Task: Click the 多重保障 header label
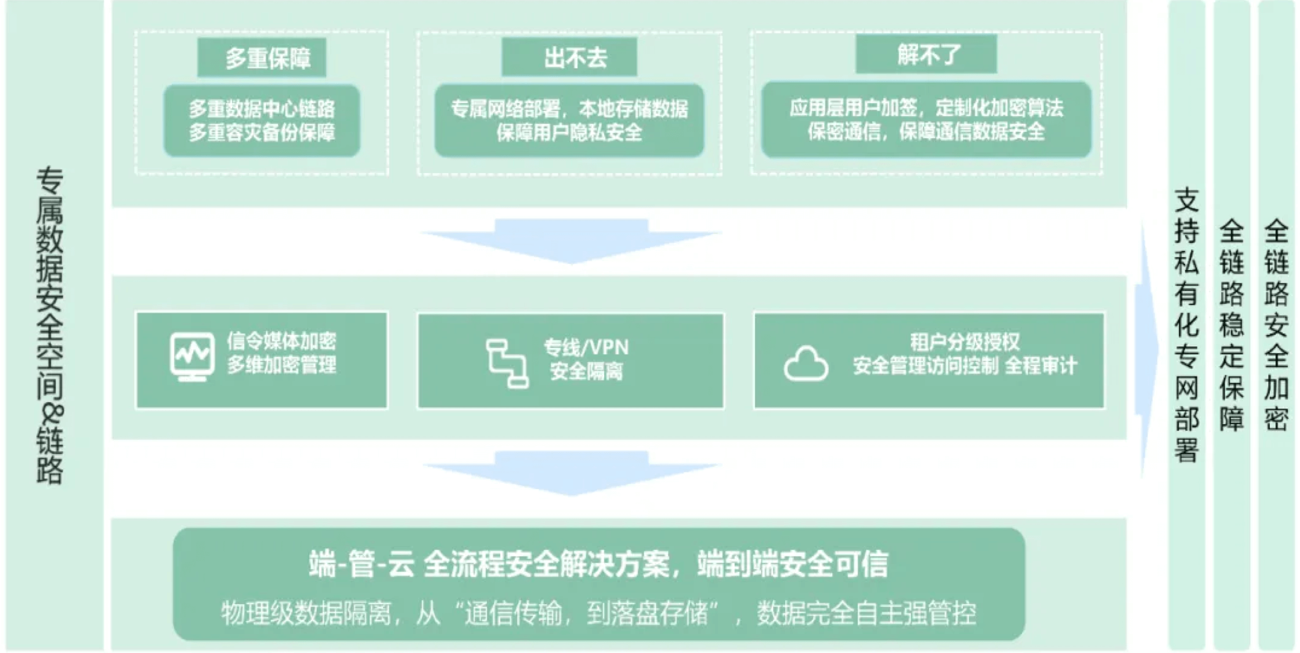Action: click(262, 58)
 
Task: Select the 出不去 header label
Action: click(569, 57)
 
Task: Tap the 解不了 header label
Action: click(926, 54)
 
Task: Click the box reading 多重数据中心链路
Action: click(262, 121)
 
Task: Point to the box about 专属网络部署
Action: click(569, 121)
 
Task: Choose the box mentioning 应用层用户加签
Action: click(926, 120)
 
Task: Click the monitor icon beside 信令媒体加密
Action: click(192, 357)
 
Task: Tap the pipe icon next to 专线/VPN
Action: click(507, 363)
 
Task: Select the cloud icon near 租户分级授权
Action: click(806, 364)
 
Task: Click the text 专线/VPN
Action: click(586, 347)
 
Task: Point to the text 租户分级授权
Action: click(965, 342)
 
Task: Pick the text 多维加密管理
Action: click(281, 365)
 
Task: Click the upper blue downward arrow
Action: click(571, 241)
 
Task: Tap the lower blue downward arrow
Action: click(571, 473)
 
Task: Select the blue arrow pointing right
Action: click(1147, 349)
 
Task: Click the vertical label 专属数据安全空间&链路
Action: click(50, 325)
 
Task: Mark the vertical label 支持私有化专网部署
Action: click(1186, 325)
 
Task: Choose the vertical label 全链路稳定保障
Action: click(1231, 325)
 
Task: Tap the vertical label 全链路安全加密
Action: click(1276, 325)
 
